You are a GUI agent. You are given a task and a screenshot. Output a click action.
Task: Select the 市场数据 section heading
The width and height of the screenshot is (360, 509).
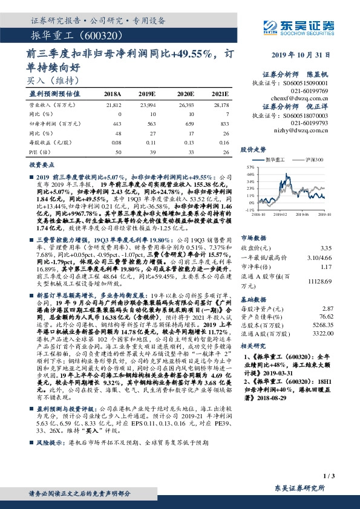(x=253, y=238)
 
